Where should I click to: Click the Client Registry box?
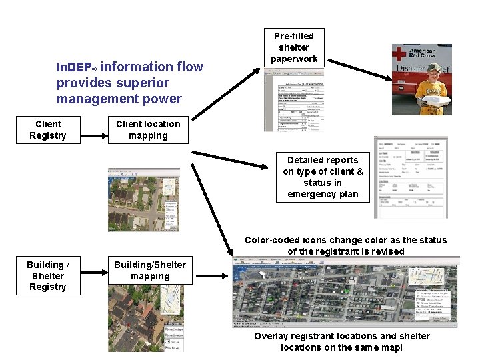tap(48, 130)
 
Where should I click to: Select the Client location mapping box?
tap(148, 130)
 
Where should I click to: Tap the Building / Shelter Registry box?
tap(48, 276)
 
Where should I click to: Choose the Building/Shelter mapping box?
tap(150, 271)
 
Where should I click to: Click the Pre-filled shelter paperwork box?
tap(294, 48)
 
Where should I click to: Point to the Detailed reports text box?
tap(323, 177)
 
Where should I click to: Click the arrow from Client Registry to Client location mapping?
tap(94, 131)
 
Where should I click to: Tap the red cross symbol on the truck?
tap(399, 53)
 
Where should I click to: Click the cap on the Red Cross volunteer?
tap(433, 67)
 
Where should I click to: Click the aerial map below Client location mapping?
tap(144, 199)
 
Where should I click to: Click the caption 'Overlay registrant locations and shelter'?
tap(341, 336)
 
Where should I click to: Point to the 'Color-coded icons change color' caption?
tap(345, 240)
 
